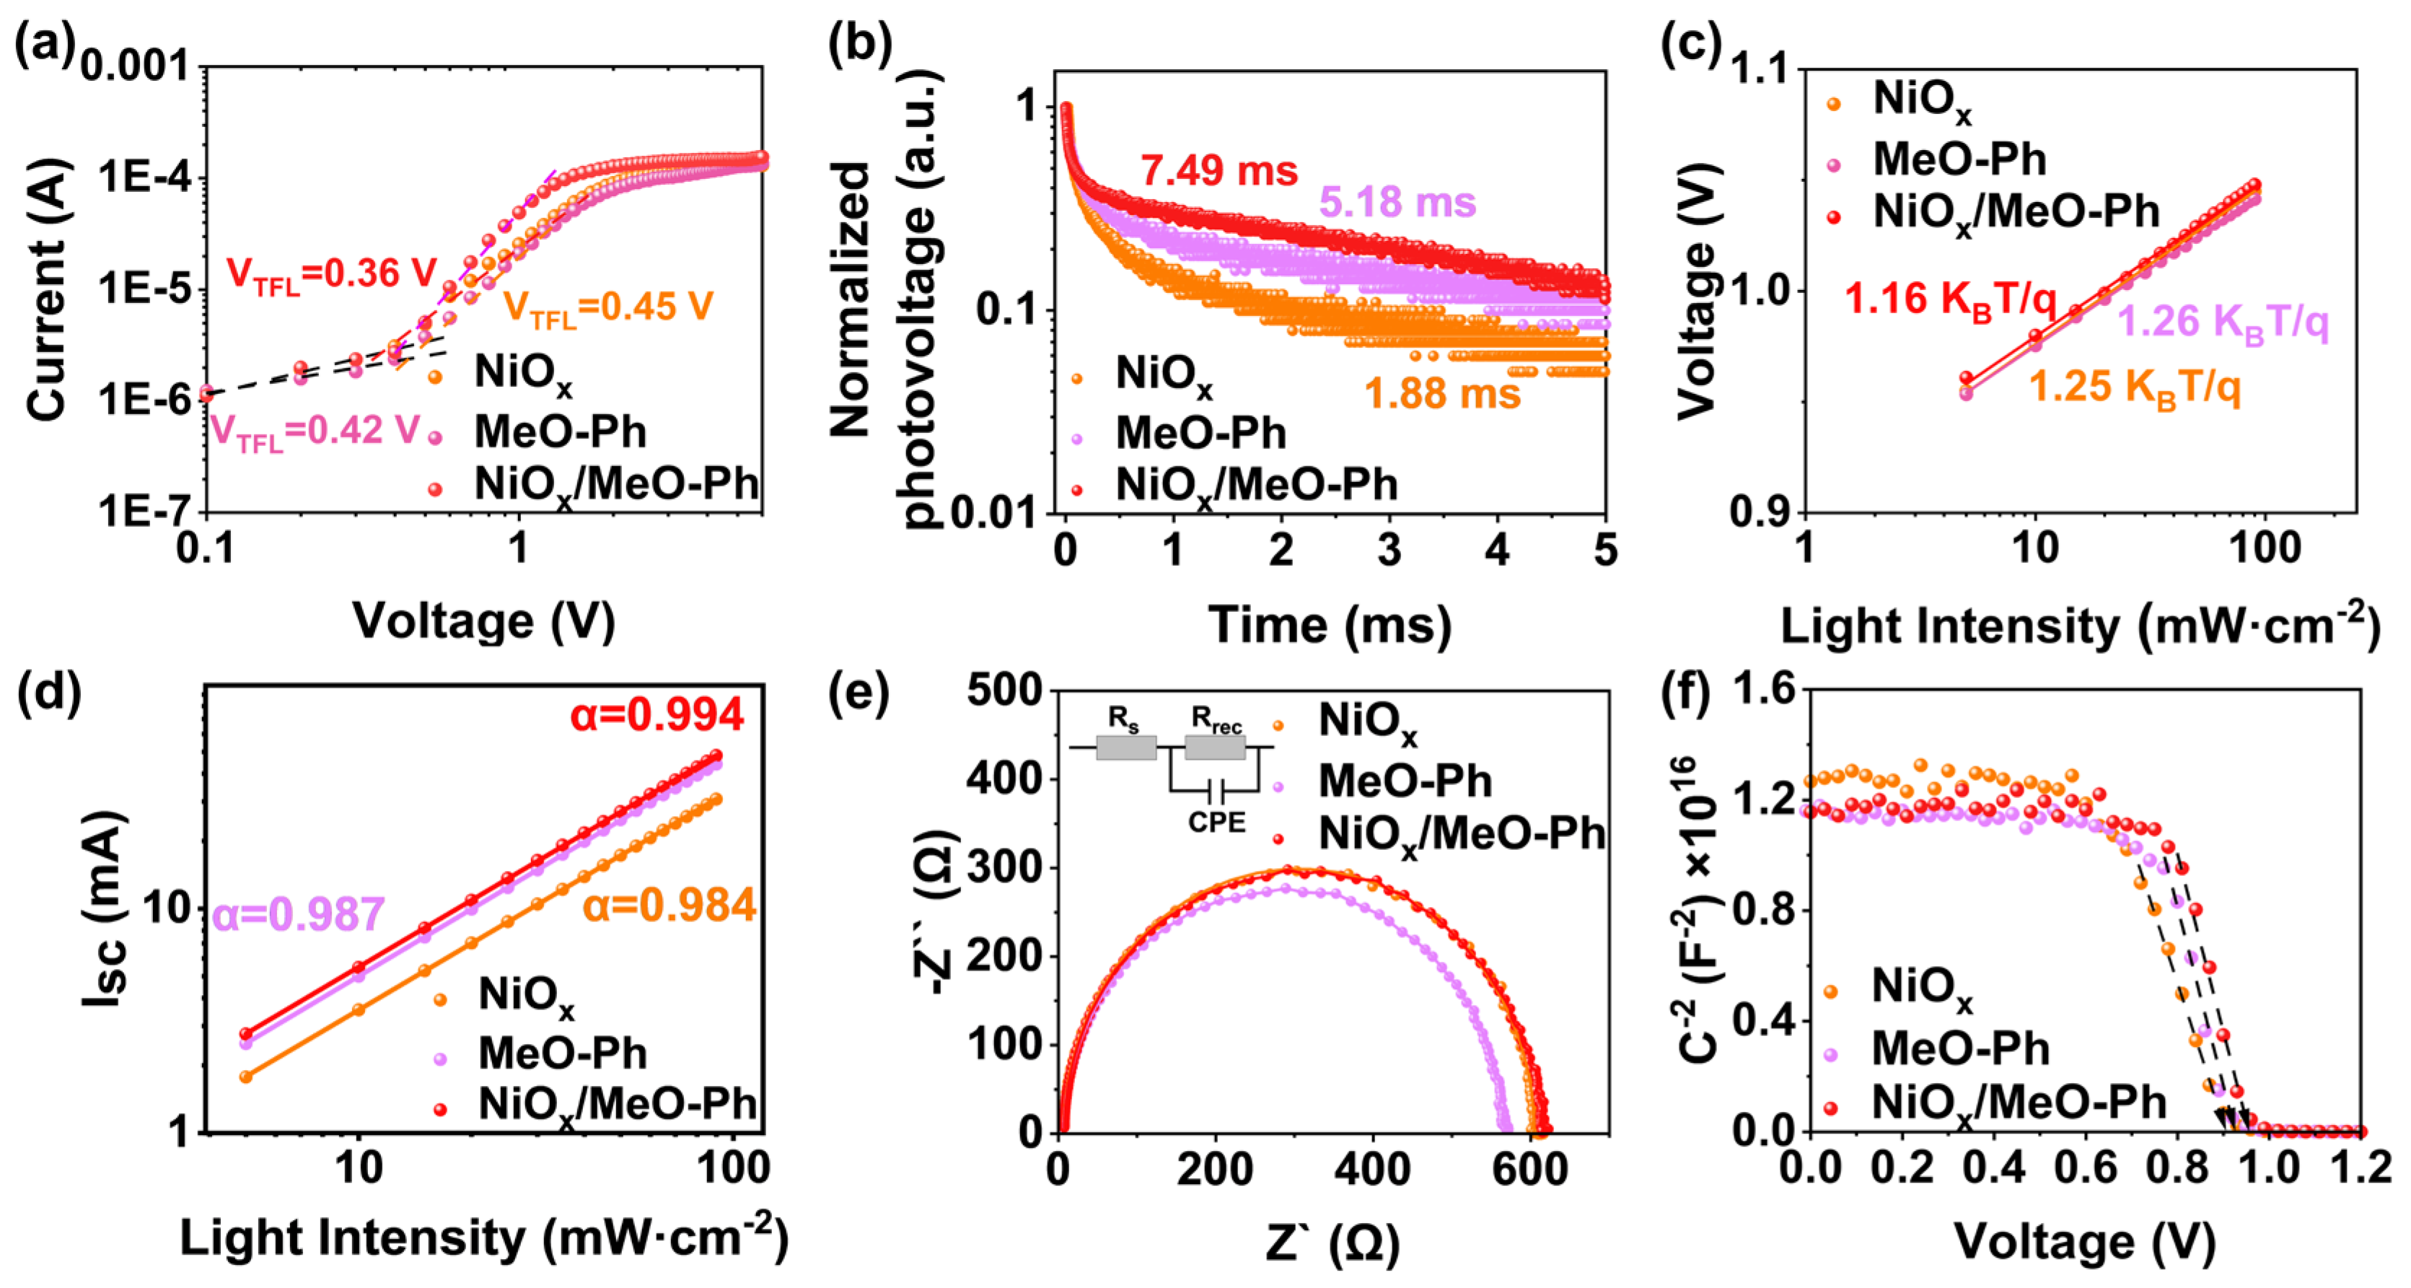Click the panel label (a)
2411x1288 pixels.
pos(41,47)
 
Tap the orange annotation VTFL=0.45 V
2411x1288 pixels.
pos(608,307)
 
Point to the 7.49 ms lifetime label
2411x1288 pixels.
pos(1218,170)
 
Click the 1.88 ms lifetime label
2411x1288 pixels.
pos(1442,393)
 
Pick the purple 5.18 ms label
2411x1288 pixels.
pos(1397,202)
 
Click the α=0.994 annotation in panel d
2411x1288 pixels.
pos(657,715)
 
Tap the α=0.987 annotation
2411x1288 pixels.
pos(299,914)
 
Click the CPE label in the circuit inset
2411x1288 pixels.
pos(1217,823)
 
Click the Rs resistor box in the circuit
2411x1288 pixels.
pos(1126,748)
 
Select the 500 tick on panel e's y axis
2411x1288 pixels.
pos(1004,691)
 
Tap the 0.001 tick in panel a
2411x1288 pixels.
pos(135,67)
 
